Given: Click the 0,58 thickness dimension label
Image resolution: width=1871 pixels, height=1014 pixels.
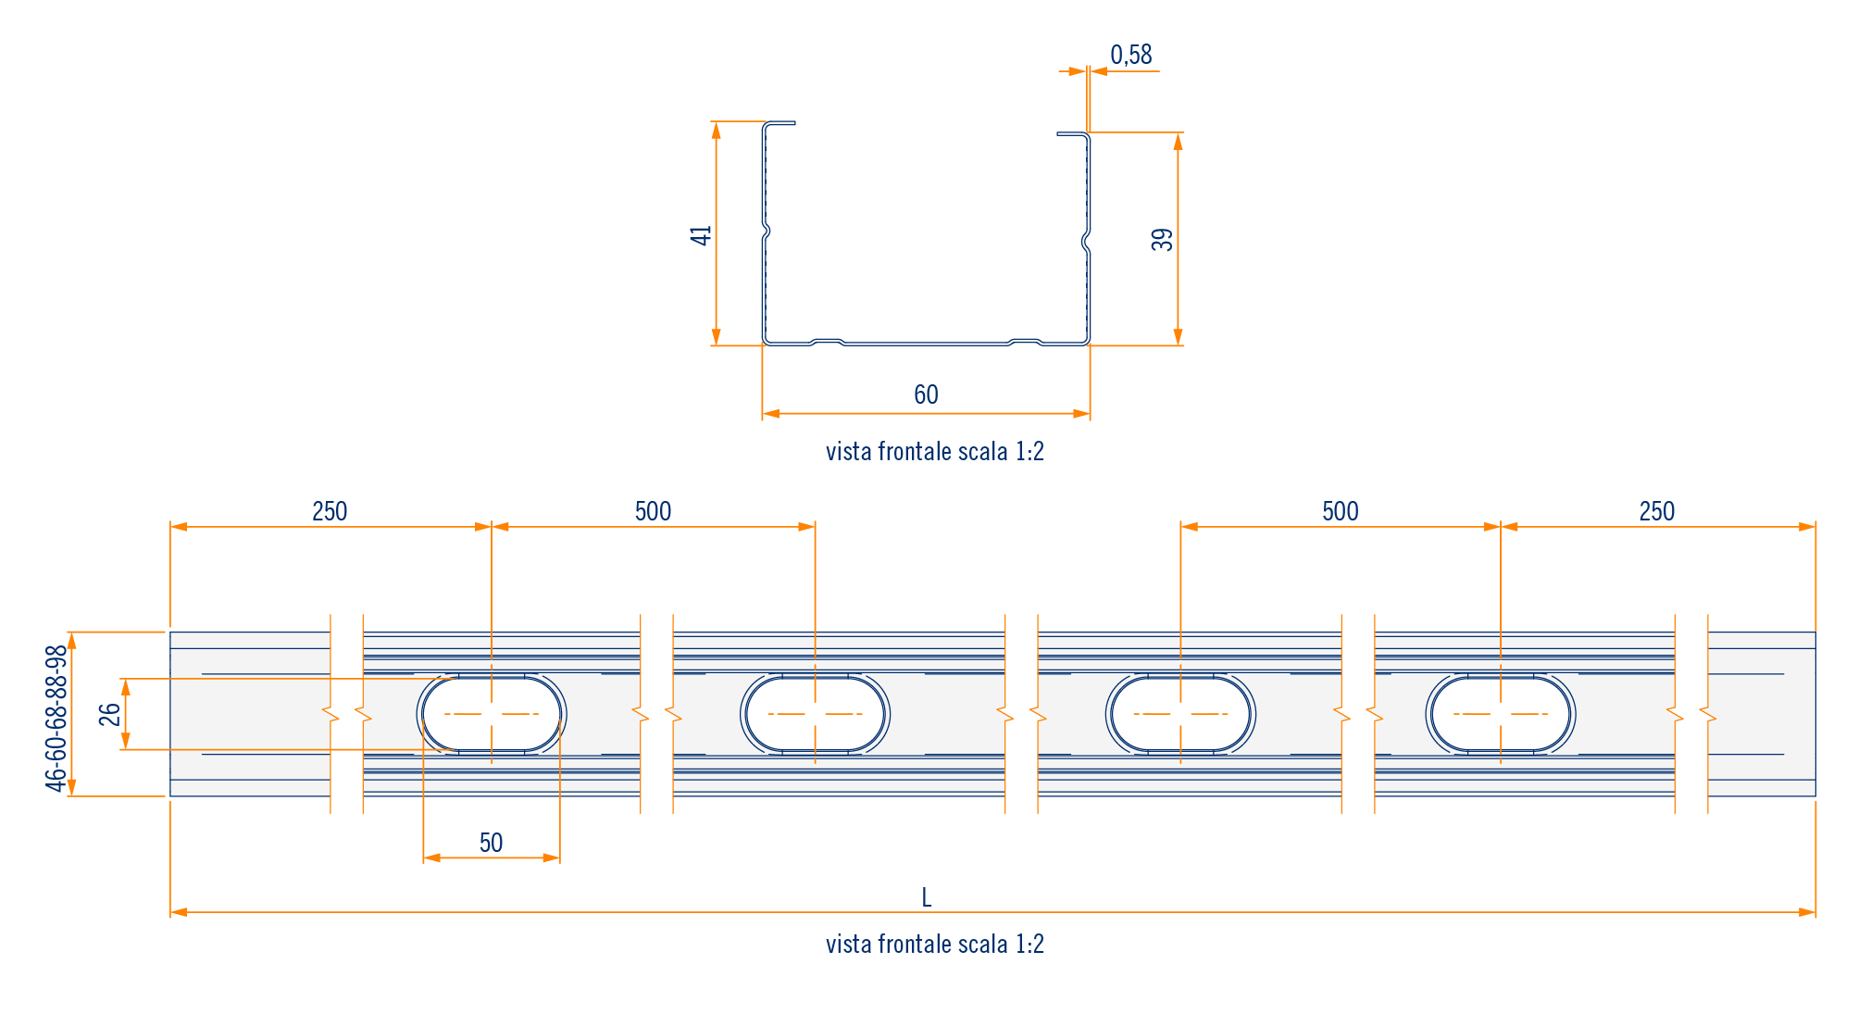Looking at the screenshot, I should tap(1131, 56).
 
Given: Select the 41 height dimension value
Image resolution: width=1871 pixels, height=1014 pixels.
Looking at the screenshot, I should tap(701, 235).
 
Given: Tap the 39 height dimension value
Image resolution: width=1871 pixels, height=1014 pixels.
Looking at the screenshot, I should tap(1162, 240).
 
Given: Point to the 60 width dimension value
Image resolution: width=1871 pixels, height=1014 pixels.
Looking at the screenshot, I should tap(926, 395).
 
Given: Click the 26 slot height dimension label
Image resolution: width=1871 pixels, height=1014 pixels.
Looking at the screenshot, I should tap(110, 715).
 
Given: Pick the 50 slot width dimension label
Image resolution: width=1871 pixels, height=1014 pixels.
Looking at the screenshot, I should tap(491, 843).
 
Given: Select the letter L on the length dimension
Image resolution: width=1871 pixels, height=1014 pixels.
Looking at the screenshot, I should tap(927, 897).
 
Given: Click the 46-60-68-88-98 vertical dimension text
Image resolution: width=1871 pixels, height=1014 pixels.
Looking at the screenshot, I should tap(57, 719).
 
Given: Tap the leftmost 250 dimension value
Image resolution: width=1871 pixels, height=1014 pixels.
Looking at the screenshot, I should tap(330, 512).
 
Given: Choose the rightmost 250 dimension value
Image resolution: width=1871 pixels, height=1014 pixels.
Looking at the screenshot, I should tap(1656, 512).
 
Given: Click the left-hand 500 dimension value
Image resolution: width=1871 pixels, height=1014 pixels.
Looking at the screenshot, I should tap(653, 512).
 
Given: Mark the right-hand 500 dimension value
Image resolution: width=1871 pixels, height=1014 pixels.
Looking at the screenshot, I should tap(1340, 512).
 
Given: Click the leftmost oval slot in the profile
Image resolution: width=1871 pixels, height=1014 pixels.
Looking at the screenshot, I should tap(492, 714).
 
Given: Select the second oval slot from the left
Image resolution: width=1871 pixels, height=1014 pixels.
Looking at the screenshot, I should tap(815, 714).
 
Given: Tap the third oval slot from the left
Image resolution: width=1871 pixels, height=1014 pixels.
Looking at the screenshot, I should tap(1180, 714).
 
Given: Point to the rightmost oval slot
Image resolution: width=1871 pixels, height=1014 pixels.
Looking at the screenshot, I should tap(1501, 714).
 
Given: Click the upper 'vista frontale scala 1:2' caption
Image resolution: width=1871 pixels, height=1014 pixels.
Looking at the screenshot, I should tap(935, 452).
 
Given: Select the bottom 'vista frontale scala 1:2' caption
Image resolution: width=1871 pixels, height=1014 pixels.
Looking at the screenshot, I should tap(935, 945).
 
